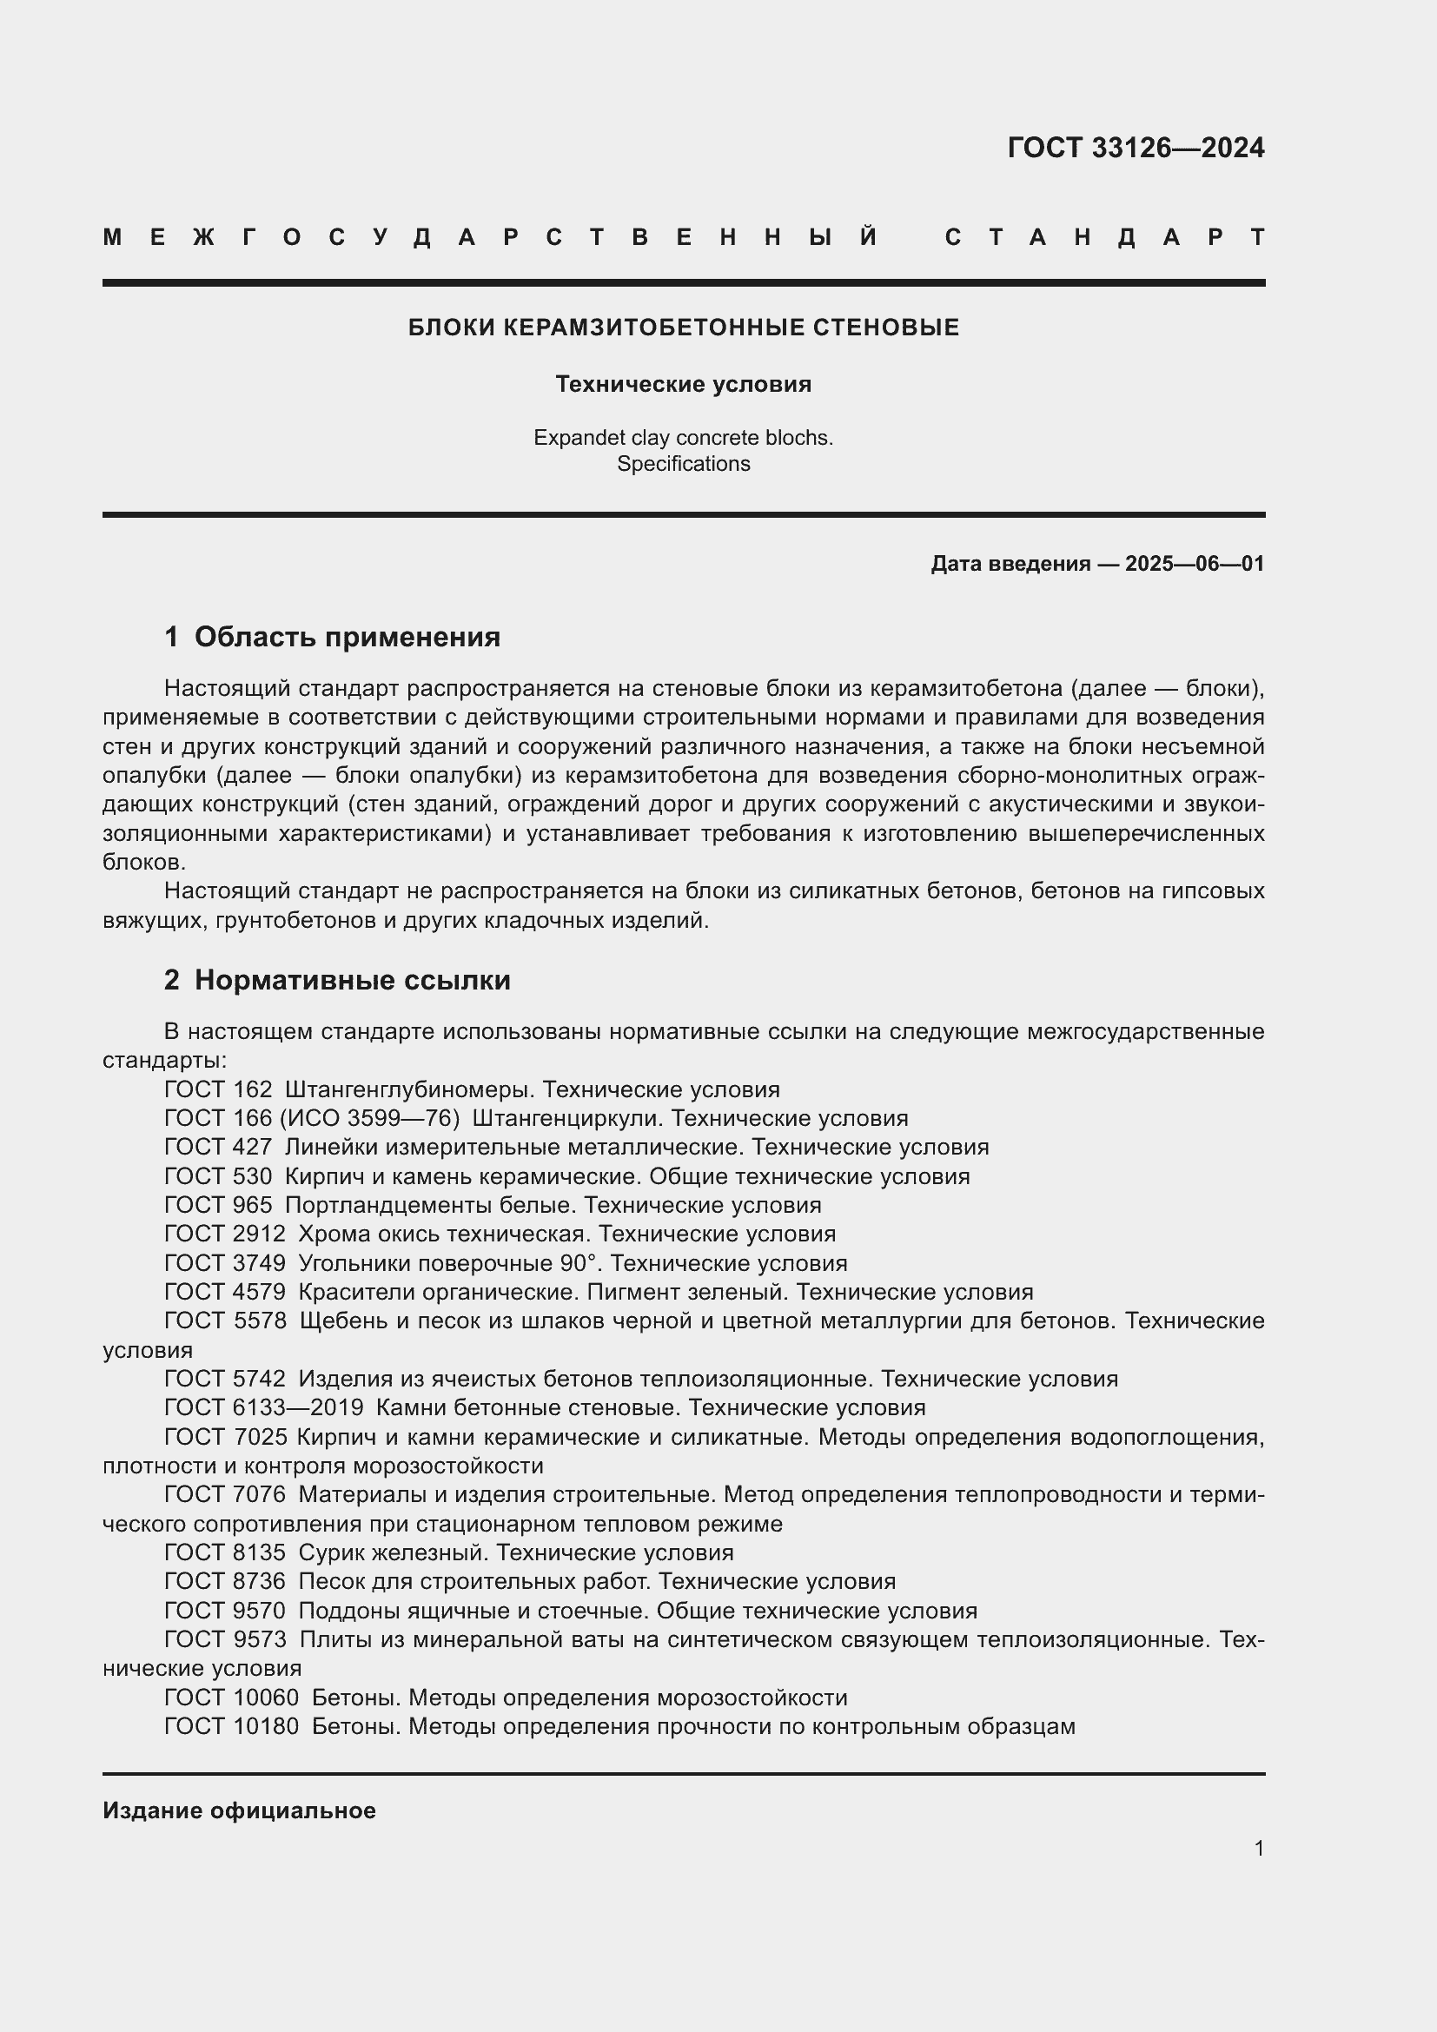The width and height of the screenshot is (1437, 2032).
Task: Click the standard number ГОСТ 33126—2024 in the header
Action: [x=1136, y=148]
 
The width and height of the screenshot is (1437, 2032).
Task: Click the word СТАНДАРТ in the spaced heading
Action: [x=1105, y=237]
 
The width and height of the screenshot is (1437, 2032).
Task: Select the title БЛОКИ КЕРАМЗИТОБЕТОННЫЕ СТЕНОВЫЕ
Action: [x=683, y=328]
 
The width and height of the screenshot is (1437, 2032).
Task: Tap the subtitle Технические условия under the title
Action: [x=683, y=384]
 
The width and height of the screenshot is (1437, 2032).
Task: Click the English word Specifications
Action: [x=683, y=464]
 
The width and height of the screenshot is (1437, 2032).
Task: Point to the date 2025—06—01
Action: [x=1195, y=564]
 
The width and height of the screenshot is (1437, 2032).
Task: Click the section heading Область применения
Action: [x=347, y=636]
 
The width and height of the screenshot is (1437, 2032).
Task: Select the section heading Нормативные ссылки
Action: [x=352, y=980]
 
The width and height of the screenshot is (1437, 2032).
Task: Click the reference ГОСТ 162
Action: [x=218, y=1089]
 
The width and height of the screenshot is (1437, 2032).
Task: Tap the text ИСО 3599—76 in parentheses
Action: [x=370, y=1119]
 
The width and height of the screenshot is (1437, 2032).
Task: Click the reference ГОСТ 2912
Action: [x=225, y=1234]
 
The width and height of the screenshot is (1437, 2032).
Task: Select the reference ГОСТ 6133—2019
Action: [x=264, y=1407]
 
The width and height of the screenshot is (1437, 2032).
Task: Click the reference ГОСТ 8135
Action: [x=225, y=1552]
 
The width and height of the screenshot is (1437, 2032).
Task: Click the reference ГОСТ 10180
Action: [x=232, y=1726]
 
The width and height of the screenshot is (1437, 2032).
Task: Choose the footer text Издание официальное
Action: [x=239, y=1810]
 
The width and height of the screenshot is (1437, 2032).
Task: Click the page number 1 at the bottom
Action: [x=1259, y=1848]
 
